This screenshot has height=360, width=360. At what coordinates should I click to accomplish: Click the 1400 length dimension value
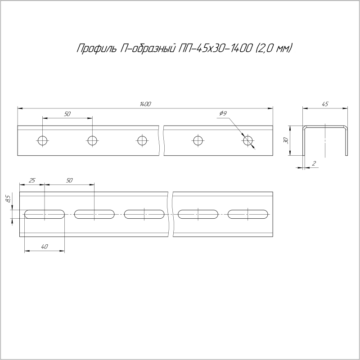point(145,104)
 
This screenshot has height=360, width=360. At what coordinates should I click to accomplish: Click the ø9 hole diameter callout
point(223,114)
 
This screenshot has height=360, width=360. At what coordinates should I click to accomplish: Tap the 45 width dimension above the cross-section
point(325,104)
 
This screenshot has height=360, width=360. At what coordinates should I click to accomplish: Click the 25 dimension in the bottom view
point(32,180)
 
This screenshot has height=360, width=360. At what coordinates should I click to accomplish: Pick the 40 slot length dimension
point(44,246)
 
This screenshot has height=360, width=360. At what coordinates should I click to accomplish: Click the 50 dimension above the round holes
point(67,114)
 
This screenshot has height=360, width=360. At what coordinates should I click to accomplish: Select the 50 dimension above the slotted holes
point(69,180)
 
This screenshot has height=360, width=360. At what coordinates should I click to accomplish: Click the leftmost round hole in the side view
point(43,140)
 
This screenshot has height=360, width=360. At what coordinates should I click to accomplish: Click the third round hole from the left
point(142,140)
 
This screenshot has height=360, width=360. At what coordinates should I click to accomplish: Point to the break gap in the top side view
point(161,140)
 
